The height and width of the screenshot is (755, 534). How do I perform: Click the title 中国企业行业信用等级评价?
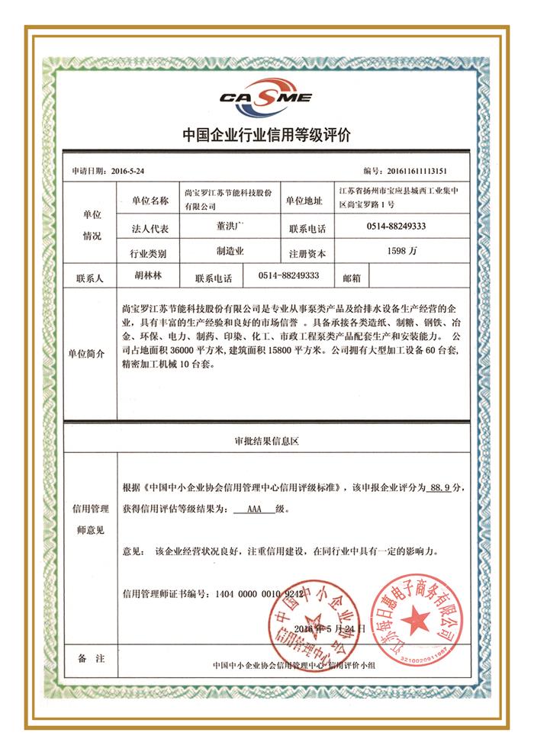click(266, 137)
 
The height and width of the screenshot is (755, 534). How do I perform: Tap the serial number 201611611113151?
click(428, 172)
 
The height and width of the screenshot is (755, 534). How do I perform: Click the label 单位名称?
click(150, 200)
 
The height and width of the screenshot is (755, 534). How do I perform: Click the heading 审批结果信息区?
click(265, 441)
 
